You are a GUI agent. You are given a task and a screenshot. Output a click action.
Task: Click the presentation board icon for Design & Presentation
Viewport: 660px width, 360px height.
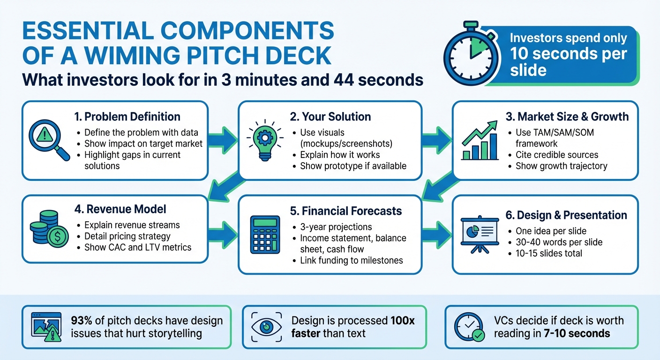pyautogui.click(x=479, y=234)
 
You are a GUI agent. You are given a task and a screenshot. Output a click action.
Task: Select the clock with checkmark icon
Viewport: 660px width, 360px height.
pyautogui.click(x=468, y=327)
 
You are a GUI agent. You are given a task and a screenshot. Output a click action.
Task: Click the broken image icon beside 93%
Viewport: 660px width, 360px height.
pyautogui.click(x=45, y=327)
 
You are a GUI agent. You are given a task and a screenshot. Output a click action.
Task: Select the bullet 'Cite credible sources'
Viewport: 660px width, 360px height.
pyautogui.click(x=557, y=154)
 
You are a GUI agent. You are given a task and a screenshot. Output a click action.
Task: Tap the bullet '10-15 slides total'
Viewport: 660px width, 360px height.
pyautogui.click(x=549, y=253)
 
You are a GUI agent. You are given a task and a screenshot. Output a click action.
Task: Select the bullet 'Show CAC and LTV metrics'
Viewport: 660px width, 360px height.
pyautogui.click(x=138, y=247)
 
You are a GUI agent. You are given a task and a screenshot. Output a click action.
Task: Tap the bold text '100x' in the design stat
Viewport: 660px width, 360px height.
pyautogui.click(x=403, y=321)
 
